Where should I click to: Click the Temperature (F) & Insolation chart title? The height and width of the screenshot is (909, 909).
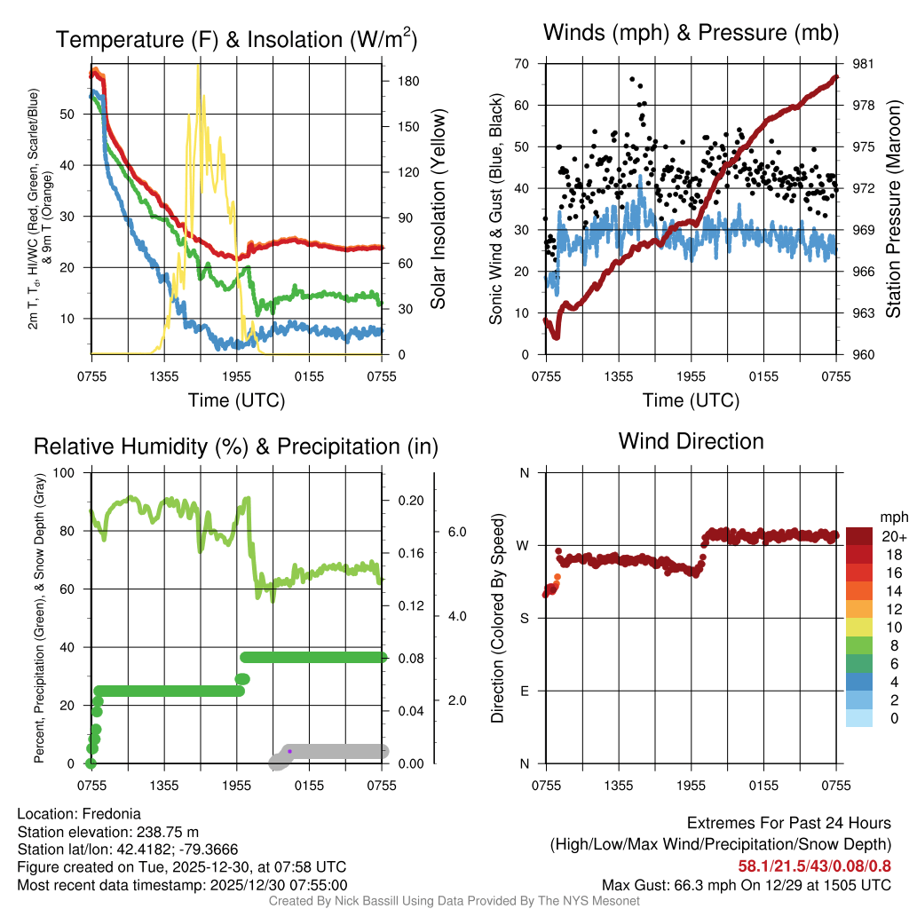[x=236, y=39]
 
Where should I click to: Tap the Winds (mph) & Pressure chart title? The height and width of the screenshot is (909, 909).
[x=692, y=34]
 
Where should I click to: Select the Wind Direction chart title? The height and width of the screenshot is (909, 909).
[x=691, y=441]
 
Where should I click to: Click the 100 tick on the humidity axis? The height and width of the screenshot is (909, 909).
[x=64, y=472]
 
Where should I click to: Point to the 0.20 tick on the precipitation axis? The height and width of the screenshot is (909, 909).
[x=410, y=501]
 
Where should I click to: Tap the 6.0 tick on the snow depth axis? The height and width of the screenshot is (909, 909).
[x=456, y=532]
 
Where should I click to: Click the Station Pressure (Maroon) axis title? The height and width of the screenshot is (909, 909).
[x=894, y=209]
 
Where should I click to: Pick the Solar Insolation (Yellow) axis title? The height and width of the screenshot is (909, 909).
[x=437, y=209]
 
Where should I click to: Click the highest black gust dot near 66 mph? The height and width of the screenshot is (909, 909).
[x=632, y=79]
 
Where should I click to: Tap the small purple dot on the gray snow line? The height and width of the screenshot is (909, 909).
[x=290, y=751]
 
